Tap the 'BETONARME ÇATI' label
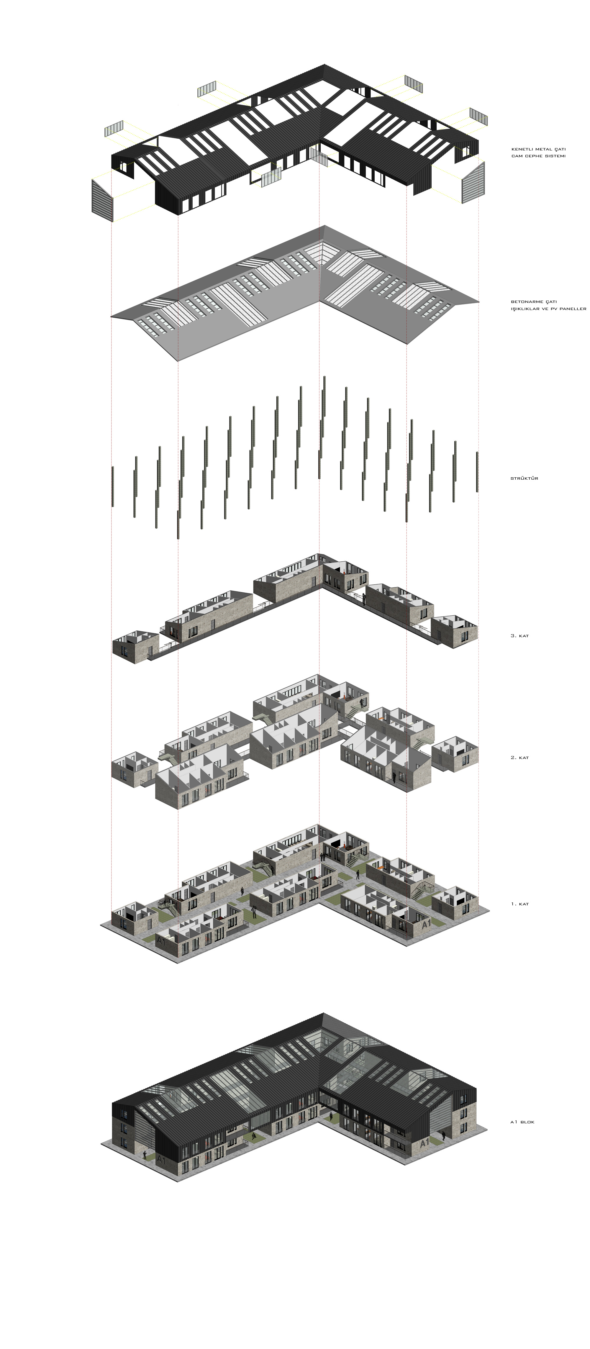pyautogui.click(x=533, y=302)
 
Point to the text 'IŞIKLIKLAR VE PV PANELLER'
pyautogui.click(x=548, y=309)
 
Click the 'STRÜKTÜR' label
pyautogui.click(x=524, y=478)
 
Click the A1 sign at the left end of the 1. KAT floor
pyautogui.click(x=161, y=941)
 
